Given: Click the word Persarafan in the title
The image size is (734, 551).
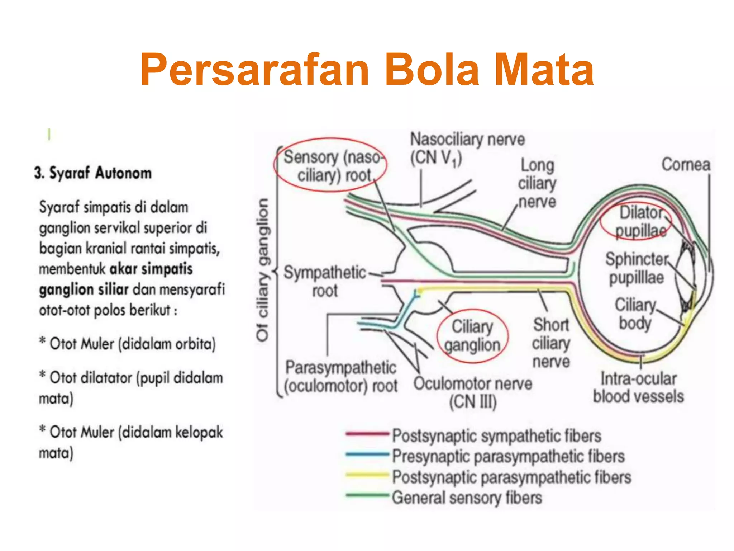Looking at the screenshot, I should pyautogui.click(x=254, y=70).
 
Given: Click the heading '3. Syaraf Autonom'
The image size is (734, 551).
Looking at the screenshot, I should pyautogui.click(x=93, y=173).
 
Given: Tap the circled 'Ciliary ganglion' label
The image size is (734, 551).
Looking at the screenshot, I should pyautogui.click(x=472, y=336).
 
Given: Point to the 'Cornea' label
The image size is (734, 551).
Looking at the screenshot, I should pyautogui.click(x=685, y=165).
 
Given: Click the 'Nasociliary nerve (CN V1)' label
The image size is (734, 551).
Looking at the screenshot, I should pyautogui.click(x=467, y=149).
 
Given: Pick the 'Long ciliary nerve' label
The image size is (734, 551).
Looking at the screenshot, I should pyautogui.click(x=537, y=183).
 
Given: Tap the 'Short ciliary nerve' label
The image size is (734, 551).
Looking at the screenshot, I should pyautogui.click(x=551, y=343).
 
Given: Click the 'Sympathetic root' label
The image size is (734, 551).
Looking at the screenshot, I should pyautogui.click(x=325, y=282).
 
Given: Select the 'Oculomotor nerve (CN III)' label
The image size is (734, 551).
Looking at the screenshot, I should pyautogui.click(x=473, y=392).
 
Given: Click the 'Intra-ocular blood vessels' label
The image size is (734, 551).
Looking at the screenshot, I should pyautogui.click(x=638, y=388).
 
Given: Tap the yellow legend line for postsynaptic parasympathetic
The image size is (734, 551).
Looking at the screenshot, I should pyautogui.click(x=367, y=475).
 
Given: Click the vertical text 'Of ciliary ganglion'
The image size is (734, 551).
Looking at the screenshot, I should pyautogui.click(x=263, y=269).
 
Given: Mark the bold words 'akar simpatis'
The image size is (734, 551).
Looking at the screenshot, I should pyautogui.click(x=151, y=269).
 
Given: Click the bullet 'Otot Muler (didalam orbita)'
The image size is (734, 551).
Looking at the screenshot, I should pyautogui.click(x=132, y=344).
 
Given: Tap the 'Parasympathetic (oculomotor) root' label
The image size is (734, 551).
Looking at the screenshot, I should pyautogui.click(x=341, y=377).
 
